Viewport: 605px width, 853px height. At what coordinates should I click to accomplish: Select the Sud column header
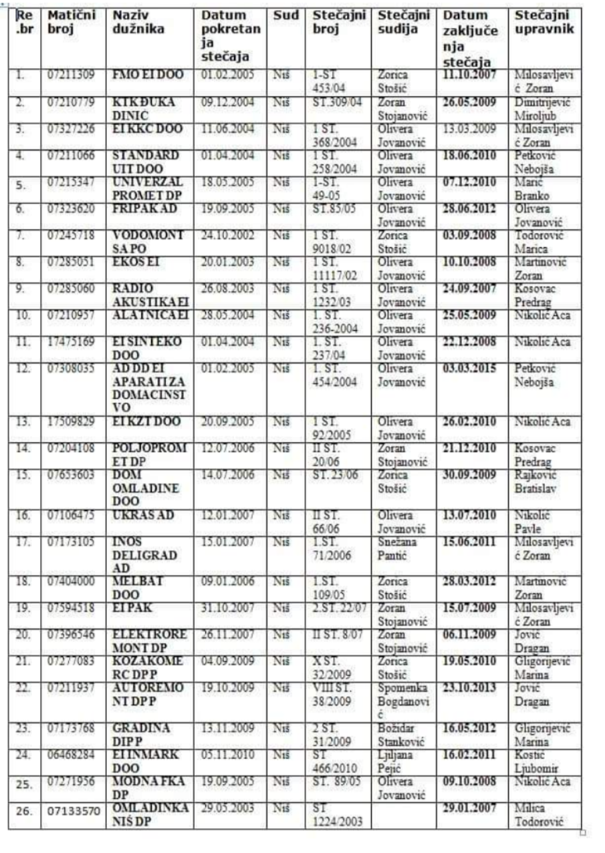click(285, 15)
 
